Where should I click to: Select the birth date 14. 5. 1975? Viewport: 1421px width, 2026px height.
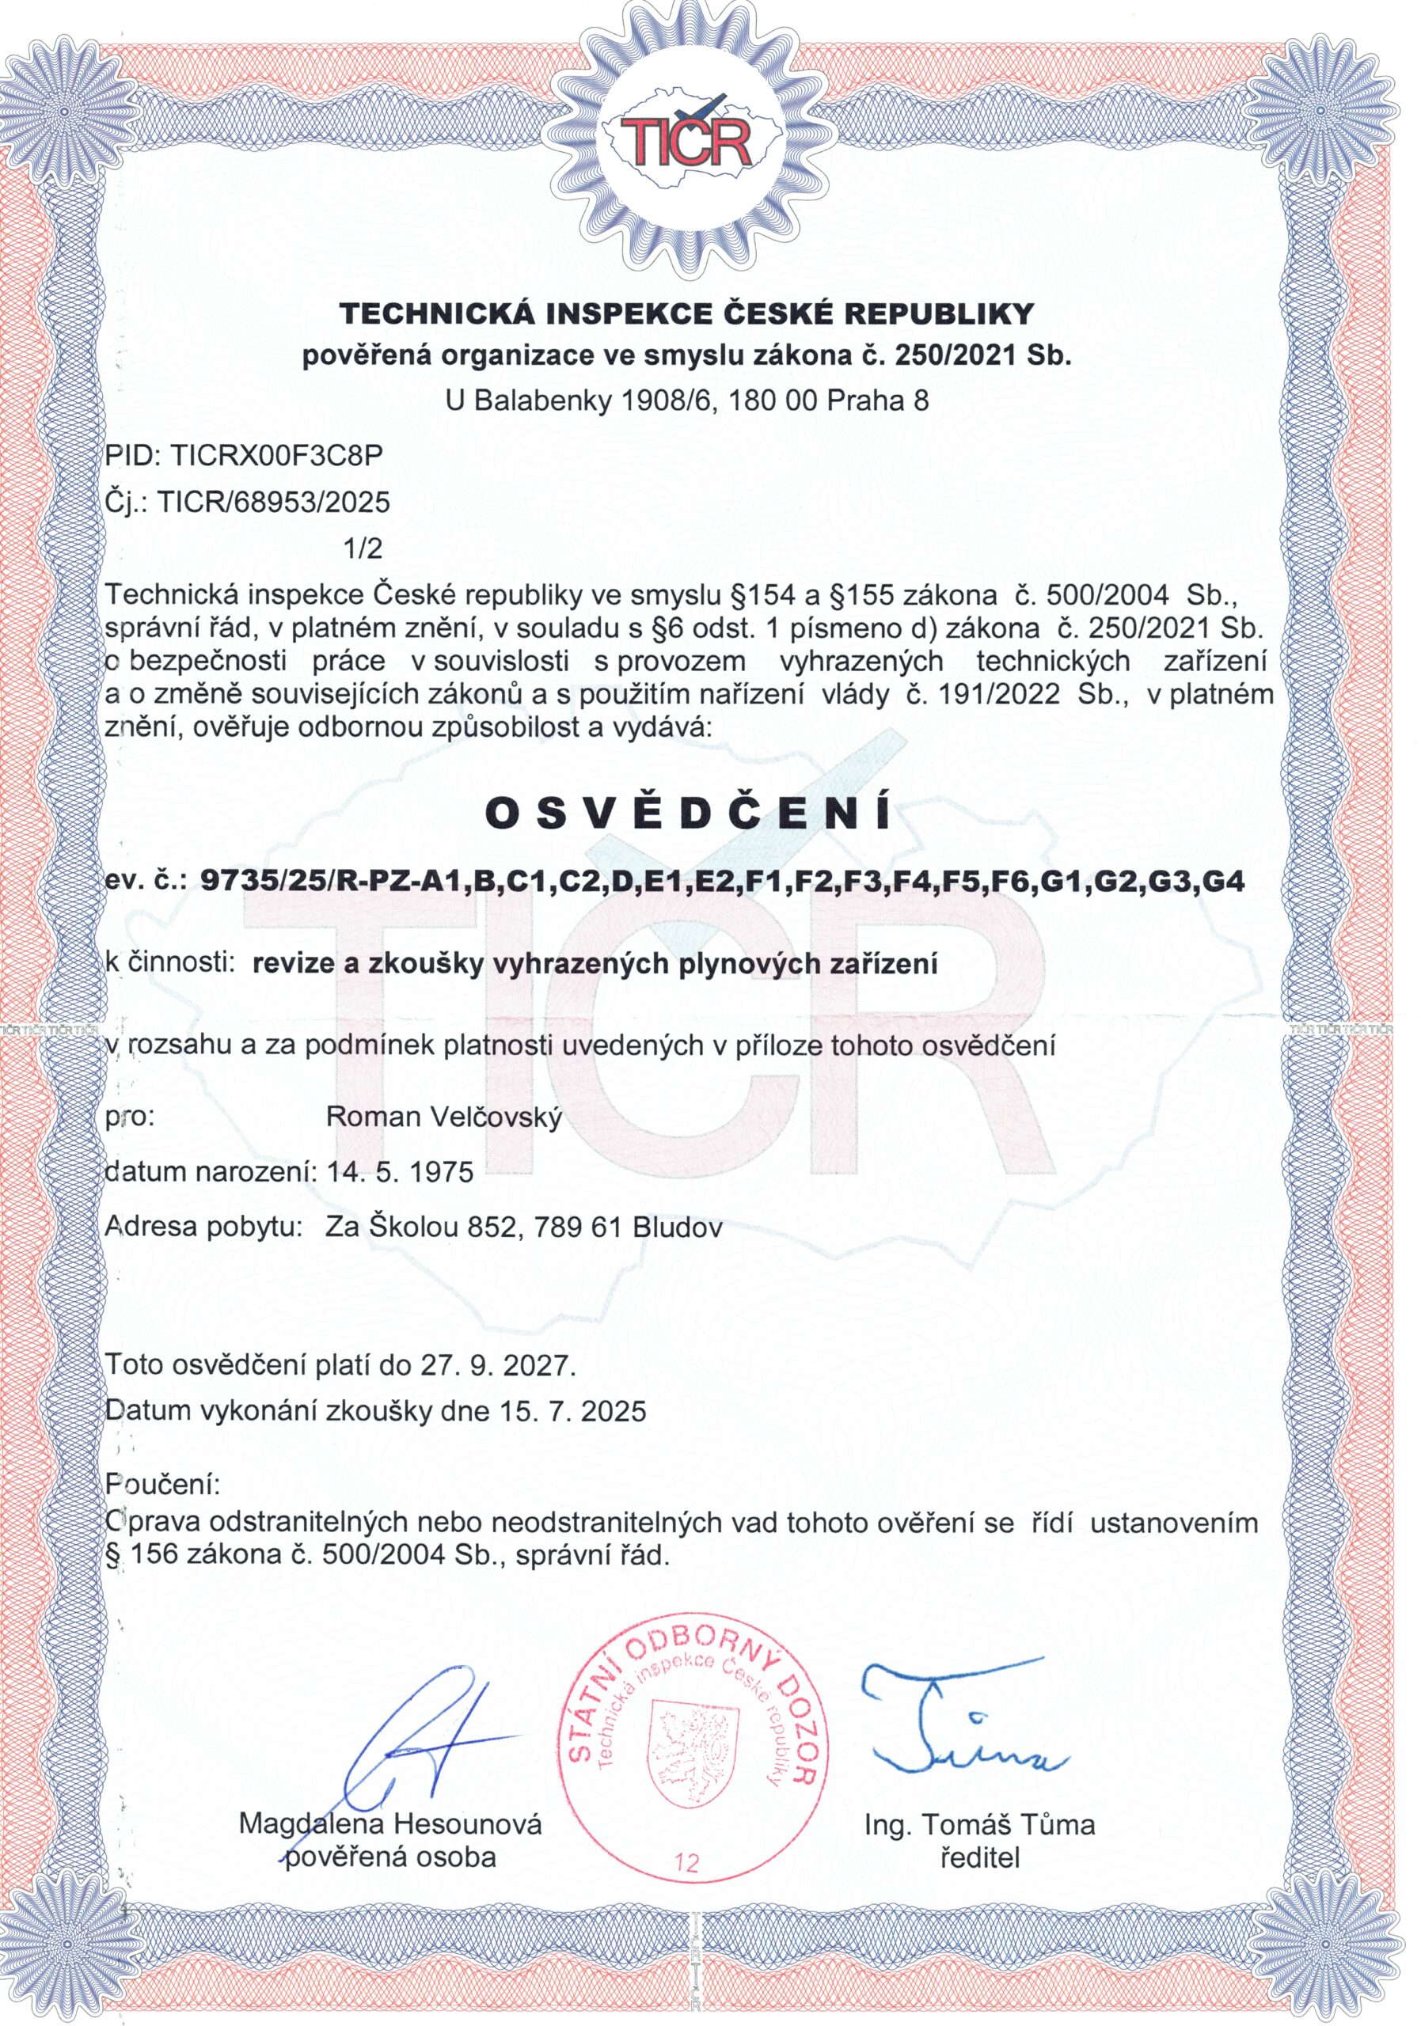(400, 1172)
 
